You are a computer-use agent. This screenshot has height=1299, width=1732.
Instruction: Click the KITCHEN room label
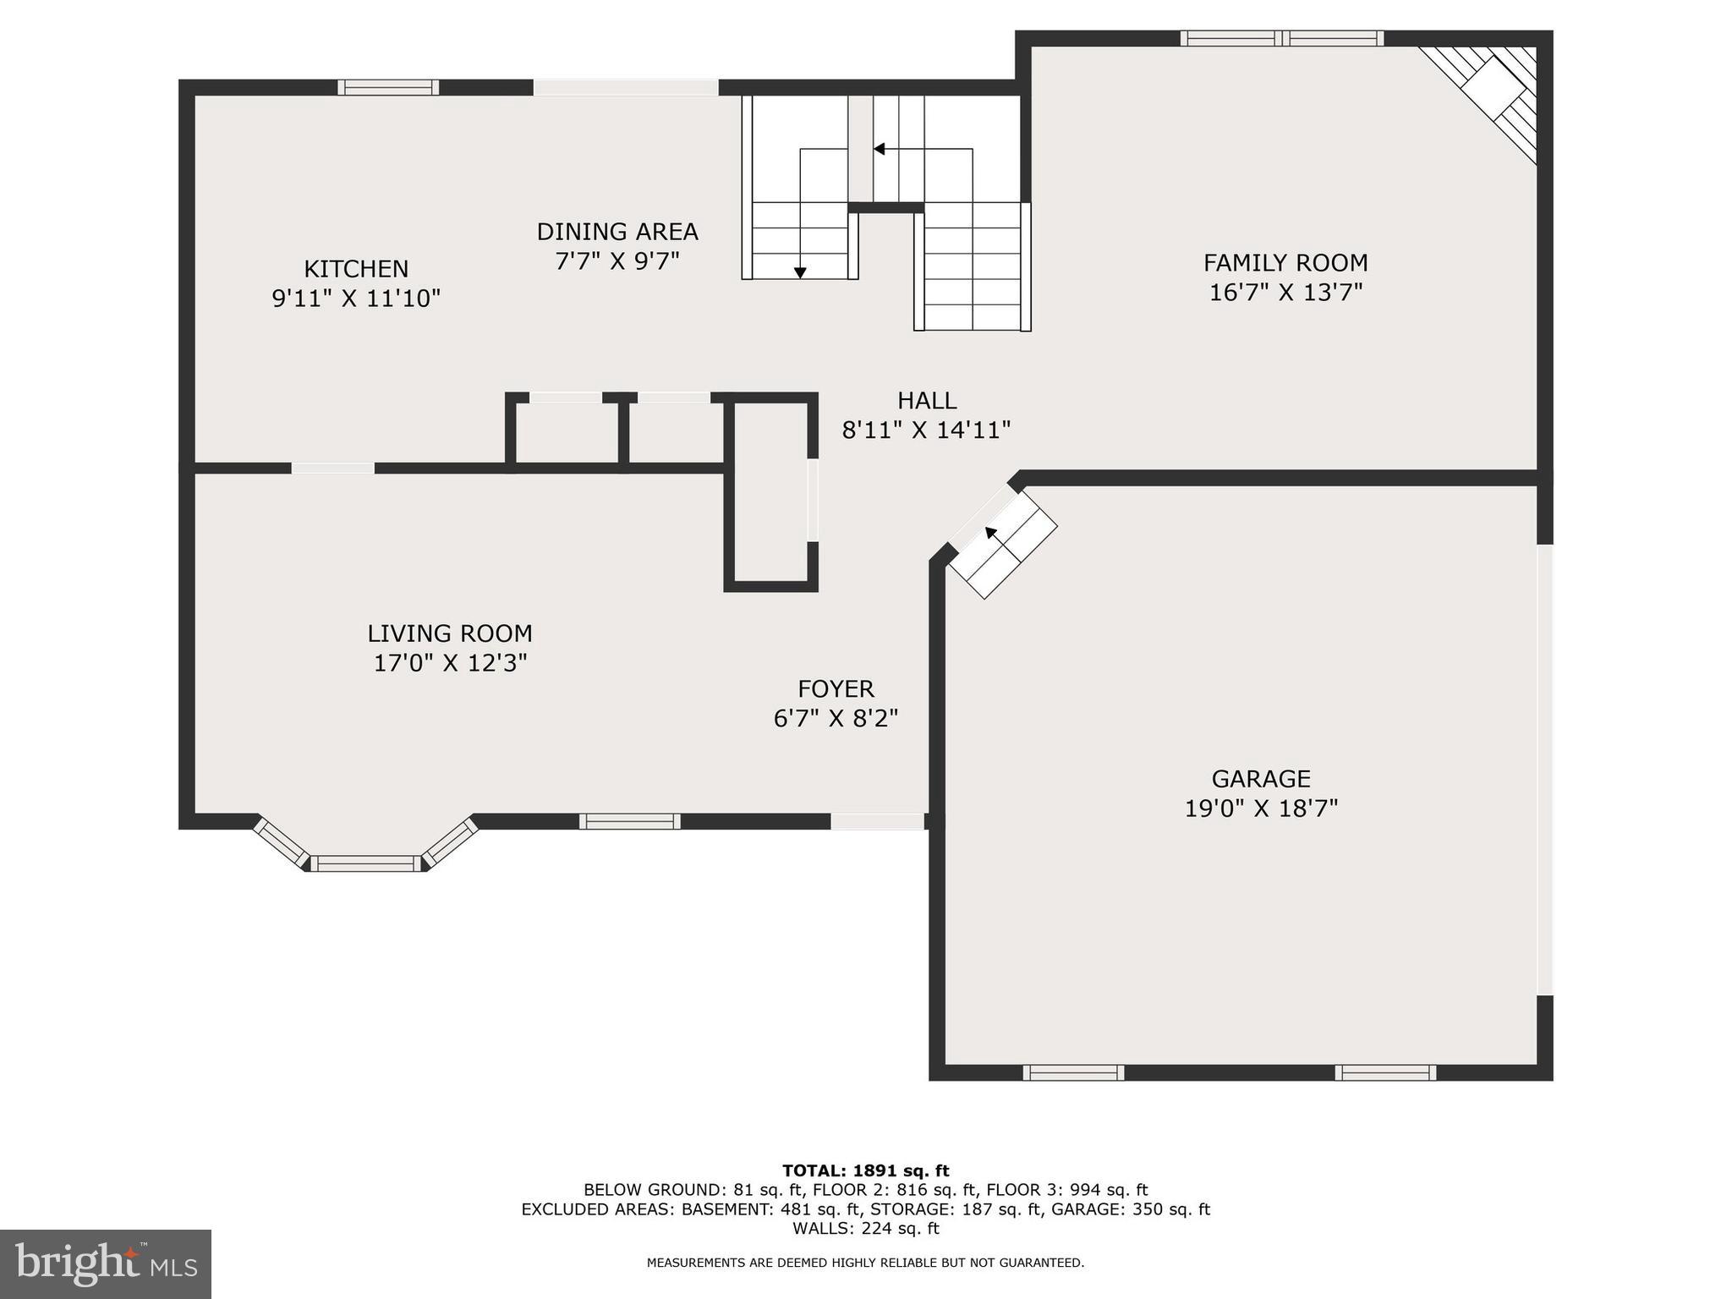pyautogui.click(x=356, y=269)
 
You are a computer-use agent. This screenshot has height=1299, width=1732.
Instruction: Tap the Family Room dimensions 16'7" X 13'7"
pyautogui.click(x=1285, y=293)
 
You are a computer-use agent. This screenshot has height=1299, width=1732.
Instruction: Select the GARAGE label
pyautogui.click(x=1261, y=778)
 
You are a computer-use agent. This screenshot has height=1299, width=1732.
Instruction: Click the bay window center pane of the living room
pyautogui.click(x=365, y=863)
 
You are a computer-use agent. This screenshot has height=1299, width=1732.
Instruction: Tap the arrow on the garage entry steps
pyautogui.click(x=991, y=533)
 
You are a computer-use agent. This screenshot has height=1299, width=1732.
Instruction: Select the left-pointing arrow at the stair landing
pyautogui.click(x=880, y=150)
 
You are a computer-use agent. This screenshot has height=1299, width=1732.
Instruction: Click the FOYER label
pyautogui.click(x=836, y=688)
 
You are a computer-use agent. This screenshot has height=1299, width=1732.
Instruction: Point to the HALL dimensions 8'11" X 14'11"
pyautogui.click(x=926, y=430)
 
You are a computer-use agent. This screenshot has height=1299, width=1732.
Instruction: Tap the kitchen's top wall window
pyautogui.click(x=388, y=87)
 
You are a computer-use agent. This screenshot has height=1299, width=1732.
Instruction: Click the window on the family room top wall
pyautogui.click(x=1282, y=38)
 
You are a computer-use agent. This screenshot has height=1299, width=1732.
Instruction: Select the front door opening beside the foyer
pyautogui.click(x=877, y=821)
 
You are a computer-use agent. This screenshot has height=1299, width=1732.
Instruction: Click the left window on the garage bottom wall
pyautogui.click(x=1073, y=1072)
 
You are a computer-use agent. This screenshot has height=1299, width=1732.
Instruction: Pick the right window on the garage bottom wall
pyautogui.click(x=1385, y=1072)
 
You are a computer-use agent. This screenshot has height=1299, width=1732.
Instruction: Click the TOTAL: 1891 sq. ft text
pyautogui.click(x=865, y=1171)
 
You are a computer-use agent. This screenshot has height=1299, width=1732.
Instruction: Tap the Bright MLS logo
pyautogui.click(x=105, y=1263)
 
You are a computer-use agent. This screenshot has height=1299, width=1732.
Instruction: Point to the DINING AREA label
pyautogui.click(x=617, y=232)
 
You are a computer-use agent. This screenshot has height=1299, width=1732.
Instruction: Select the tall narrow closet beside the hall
pyautogui.click(x=770, y=492)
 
